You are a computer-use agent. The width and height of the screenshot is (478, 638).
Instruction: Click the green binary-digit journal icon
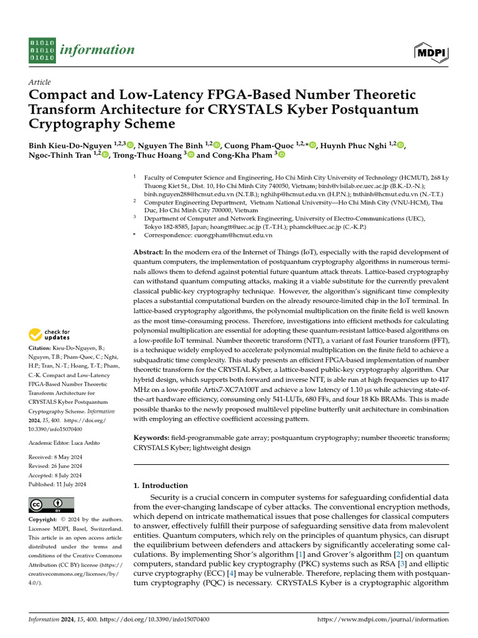(x=42, y=50)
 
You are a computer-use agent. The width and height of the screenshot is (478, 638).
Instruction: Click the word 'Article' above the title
(x=40, y=82)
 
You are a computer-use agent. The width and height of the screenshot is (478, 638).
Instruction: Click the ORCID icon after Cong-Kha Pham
(x=281, y=155)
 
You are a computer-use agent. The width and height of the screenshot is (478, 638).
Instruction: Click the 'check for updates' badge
(x=50, y=335)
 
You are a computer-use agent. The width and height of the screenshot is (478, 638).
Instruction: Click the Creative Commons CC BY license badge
(x=51, y=505)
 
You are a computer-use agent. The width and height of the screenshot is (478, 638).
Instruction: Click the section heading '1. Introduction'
(x=161, y=485)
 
